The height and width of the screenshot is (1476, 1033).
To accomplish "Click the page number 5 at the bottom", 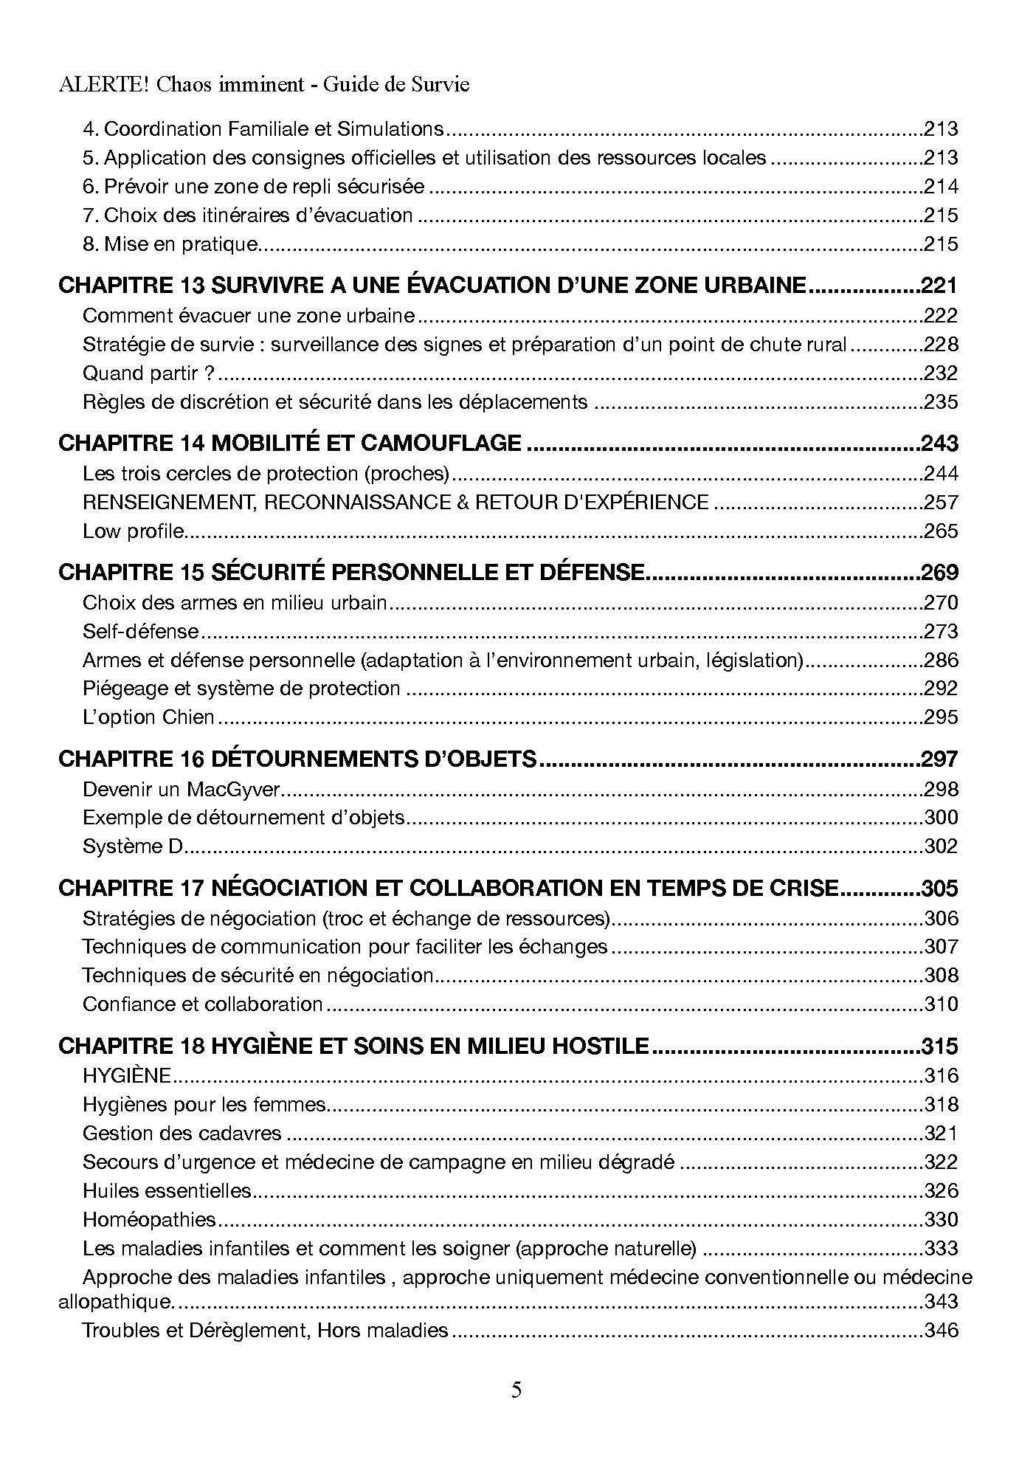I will point(516,1390).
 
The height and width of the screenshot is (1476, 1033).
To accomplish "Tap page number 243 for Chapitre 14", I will point(939,443).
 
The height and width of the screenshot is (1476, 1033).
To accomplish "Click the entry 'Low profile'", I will point(133,531).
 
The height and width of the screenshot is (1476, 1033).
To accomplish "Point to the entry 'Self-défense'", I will point(141,631).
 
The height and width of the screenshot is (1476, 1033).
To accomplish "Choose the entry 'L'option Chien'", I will point(148,717).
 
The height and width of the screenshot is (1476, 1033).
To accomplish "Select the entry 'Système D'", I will point(132,846).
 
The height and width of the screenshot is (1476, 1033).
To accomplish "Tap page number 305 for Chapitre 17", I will point(939,888).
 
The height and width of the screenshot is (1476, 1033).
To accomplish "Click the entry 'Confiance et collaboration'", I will point(202,1004).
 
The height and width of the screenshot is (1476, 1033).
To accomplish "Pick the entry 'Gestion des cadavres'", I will point(182,1133).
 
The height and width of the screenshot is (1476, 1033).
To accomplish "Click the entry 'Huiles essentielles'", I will point(167,1190).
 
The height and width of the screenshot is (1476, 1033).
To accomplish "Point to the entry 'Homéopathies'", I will point(149,1219).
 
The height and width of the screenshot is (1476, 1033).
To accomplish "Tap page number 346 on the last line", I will point(941,1330).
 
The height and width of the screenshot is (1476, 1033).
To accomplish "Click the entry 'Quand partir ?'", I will point(148,373).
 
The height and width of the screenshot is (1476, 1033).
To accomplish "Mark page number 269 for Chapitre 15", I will point(939,572).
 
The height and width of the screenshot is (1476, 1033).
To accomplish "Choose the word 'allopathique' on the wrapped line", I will point(114,1301).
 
